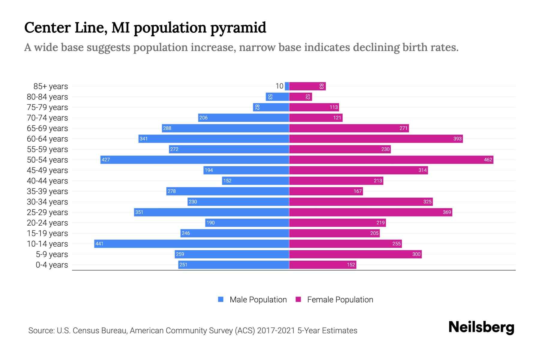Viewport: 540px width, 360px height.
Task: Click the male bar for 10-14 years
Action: click(x=192, y=244)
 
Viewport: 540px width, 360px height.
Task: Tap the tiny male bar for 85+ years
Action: click(x=287, y=86)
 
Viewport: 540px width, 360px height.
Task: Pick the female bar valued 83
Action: click(x=307, y=86)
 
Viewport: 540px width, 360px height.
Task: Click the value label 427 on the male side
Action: click(x=106, y=160)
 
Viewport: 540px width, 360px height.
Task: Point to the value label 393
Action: click(x=457, y=139)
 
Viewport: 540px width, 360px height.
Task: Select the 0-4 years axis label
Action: click(x=52, y=265)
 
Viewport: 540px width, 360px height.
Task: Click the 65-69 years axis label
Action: click(x=47, y=128)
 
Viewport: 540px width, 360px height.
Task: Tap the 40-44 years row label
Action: click(x=47, y=181)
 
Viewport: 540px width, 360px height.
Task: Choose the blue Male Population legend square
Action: click(x=221, y=299)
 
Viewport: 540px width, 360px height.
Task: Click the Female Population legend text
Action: click(x=340, y=300)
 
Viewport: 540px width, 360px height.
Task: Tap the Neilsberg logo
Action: click(x=481, y=327)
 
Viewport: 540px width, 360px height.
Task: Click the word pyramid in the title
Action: click(x=238, y=28)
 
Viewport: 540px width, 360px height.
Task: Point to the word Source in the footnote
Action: click(x=41, y=331)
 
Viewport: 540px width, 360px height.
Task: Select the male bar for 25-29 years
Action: click(x=211, y=212)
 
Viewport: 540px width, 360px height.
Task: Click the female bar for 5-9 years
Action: click(x=355, y=254)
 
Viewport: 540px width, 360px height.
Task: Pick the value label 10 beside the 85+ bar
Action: click(x=279, y=86)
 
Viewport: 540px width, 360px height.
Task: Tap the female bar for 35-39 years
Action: click(x=326, y=191)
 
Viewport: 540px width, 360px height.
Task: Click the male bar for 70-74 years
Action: click(x=244, y=118)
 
